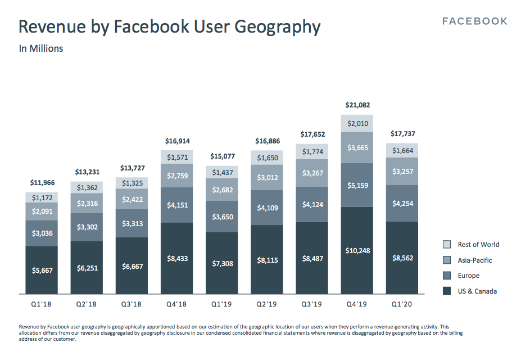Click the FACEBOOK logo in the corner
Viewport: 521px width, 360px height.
pos(474,21)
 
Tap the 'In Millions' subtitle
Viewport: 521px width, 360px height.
pos(41,48)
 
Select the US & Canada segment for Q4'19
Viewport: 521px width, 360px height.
pos(357,250)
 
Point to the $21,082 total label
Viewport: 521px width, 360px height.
pos(357,105)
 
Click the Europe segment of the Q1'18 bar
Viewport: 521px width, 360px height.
pos(42,233)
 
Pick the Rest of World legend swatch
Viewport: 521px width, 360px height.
pos(447,245)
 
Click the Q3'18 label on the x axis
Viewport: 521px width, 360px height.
pos(132,304)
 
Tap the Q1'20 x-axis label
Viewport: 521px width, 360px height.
pos(402,304)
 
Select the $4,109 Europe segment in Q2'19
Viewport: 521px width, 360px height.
pos(267,208)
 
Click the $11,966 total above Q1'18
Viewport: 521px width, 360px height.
pos(42,183)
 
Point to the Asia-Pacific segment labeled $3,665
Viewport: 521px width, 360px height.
pos(357,147)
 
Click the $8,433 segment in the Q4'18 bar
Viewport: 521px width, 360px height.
pos(176,258)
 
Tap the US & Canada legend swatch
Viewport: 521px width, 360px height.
pos(447,291)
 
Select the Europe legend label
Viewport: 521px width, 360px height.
pos(469,276)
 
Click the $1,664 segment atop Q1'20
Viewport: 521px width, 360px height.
pos(402,150)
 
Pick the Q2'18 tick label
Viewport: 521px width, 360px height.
pos(87,304)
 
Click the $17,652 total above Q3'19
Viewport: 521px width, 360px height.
pos(312,134)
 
